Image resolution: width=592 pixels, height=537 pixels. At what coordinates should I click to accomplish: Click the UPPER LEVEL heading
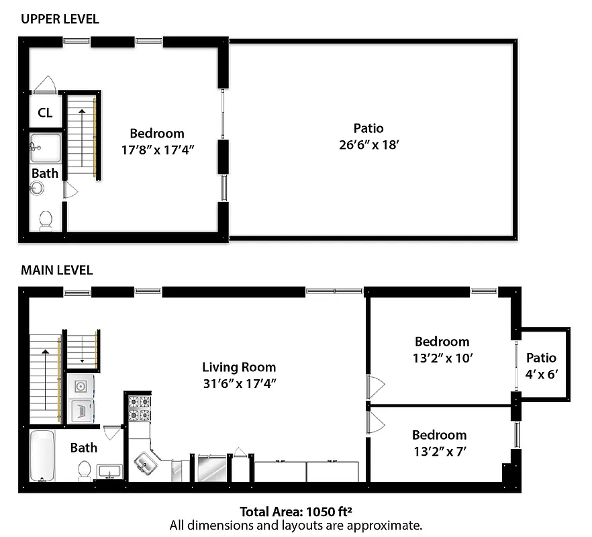point(60,19)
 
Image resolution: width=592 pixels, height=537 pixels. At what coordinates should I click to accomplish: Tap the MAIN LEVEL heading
point(56,271)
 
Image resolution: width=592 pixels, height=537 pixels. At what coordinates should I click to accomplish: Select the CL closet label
point(45,113)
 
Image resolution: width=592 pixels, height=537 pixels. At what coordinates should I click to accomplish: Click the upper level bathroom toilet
point(46,220)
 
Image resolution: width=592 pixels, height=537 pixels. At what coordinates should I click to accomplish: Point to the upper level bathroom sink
point(45,145)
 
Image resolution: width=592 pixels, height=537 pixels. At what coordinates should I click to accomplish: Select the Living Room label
point(239,367)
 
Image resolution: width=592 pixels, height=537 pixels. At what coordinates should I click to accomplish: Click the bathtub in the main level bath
point(42,456)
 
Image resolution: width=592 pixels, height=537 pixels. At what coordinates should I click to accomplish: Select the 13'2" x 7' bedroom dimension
point(439,451)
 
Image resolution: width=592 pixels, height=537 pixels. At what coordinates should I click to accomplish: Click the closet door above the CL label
point(46,84)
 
